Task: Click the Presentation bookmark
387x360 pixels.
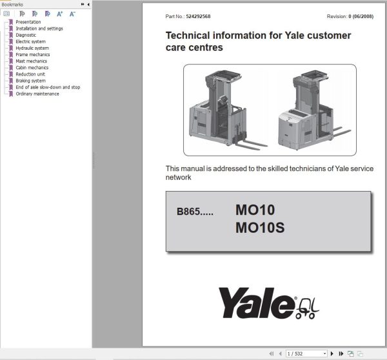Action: tap(28, 23)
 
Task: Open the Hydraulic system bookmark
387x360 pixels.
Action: tap(32, 48)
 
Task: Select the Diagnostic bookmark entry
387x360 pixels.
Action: tap(26, 35)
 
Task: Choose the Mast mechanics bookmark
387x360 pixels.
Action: tap(32, 61)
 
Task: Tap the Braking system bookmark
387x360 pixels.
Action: tap(31, 81)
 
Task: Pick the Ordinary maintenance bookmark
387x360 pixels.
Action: tap(37, 94)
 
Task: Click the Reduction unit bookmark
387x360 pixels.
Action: tap(30, 74)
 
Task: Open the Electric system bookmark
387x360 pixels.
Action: tap(31, 42)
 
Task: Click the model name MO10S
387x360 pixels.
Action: tap(260, 228)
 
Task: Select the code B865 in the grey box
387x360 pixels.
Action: tap(189, 212)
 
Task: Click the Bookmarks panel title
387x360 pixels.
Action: tap(13, 5)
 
